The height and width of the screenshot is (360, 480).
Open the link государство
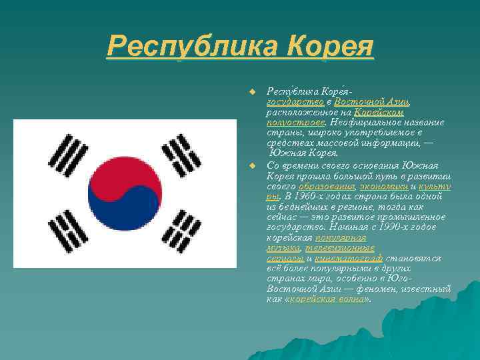coord(295,101)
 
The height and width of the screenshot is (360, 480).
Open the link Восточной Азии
coord(372,101)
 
